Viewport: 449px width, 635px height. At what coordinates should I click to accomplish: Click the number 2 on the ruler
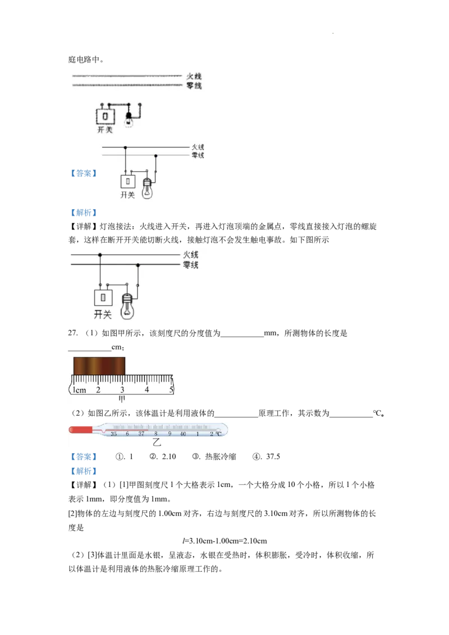pyautogui.click(x=98, y=390)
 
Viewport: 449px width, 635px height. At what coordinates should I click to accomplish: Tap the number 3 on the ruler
pyautogui.click(x=122, y=390)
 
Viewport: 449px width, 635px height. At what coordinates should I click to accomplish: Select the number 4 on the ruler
pyautogui.click(x=147, y=390)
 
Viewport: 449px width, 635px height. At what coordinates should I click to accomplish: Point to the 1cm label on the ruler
pyautogui.click(x=79, y=390)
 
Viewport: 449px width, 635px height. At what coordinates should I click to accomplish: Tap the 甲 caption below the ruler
pyautogui.click(x=121, y=399)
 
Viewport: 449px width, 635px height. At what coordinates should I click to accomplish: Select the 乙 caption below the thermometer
pyautogui.click(x=157, y=443)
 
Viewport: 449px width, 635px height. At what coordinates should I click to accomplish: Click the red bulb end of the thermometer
pyautogui.click(x=79, y=430)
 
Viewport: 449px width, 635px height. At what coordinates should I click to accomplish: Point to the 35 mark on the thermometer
pyautogui.click(x=114, y=434)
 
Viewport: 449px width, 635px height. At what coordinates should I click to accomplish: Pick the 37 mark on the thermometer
pyautogui.click(x=141, y=434)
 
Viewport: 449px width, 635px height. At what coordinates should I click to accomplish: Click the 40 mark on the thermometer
pyautogui.click(x=183, y=434)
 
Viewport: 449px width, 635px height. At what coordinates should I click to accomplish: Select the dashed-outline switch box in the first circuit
pyautogui.click(x=106, y=116)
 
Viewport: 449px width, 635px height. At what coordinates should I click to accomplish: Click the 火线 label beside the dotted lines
pyautogui.click(x=194, y=76)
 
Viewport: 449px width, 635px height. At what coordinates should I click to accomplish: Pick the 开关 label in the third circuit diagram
pyautogui.click(x=103, y=315)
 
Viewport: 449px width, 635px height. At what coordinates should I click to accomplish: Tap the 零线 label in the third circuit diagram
pyautogui.click(x=190, y=265)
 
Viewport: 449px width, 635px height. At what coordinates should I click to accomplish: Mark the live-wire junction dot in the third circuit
pyautogui.click(x=100, y=255)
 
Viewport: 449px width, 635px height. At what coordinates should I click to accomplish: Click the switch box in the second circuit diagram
pyautogui.click(x=129, y=182)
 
